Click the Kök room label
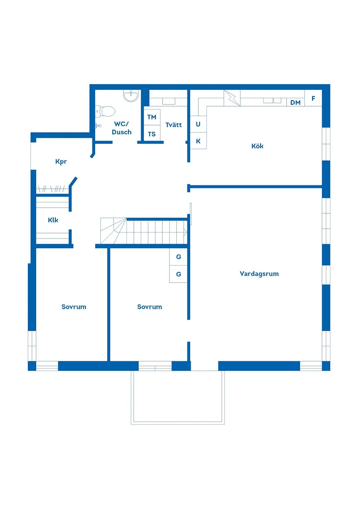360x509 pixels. click(257, 146)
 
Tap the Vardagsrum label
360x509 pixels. click(259, 274)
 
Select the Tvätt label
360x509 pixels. click(174, 125)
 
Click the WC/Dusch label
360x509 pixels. click(121, 128)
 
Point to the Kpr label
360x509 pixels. click(61, 162)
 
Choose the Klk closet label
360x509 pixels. click(53, 220)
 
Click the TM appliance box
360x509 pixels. click(151, 117)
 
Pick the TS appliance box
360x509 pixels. click(151, 134)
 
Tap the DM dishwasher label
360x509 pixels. click(295, 102)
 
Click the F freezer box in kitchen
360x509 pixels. click(313, 99)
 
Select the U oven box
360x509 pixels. click(198, 124)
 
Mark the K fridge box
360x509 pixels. click(198, 141)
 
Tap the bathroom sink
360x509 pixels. click(130, 96)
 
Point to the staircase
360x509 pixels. click(144, 231)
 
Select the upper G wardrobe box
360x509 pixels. click(178, 257)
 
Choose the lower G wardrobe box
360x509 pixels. click(178, 274)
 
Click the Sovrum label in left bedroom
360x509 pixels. click(74, 307)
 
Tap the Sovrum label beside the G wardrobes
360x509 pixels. click(150, 307)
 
